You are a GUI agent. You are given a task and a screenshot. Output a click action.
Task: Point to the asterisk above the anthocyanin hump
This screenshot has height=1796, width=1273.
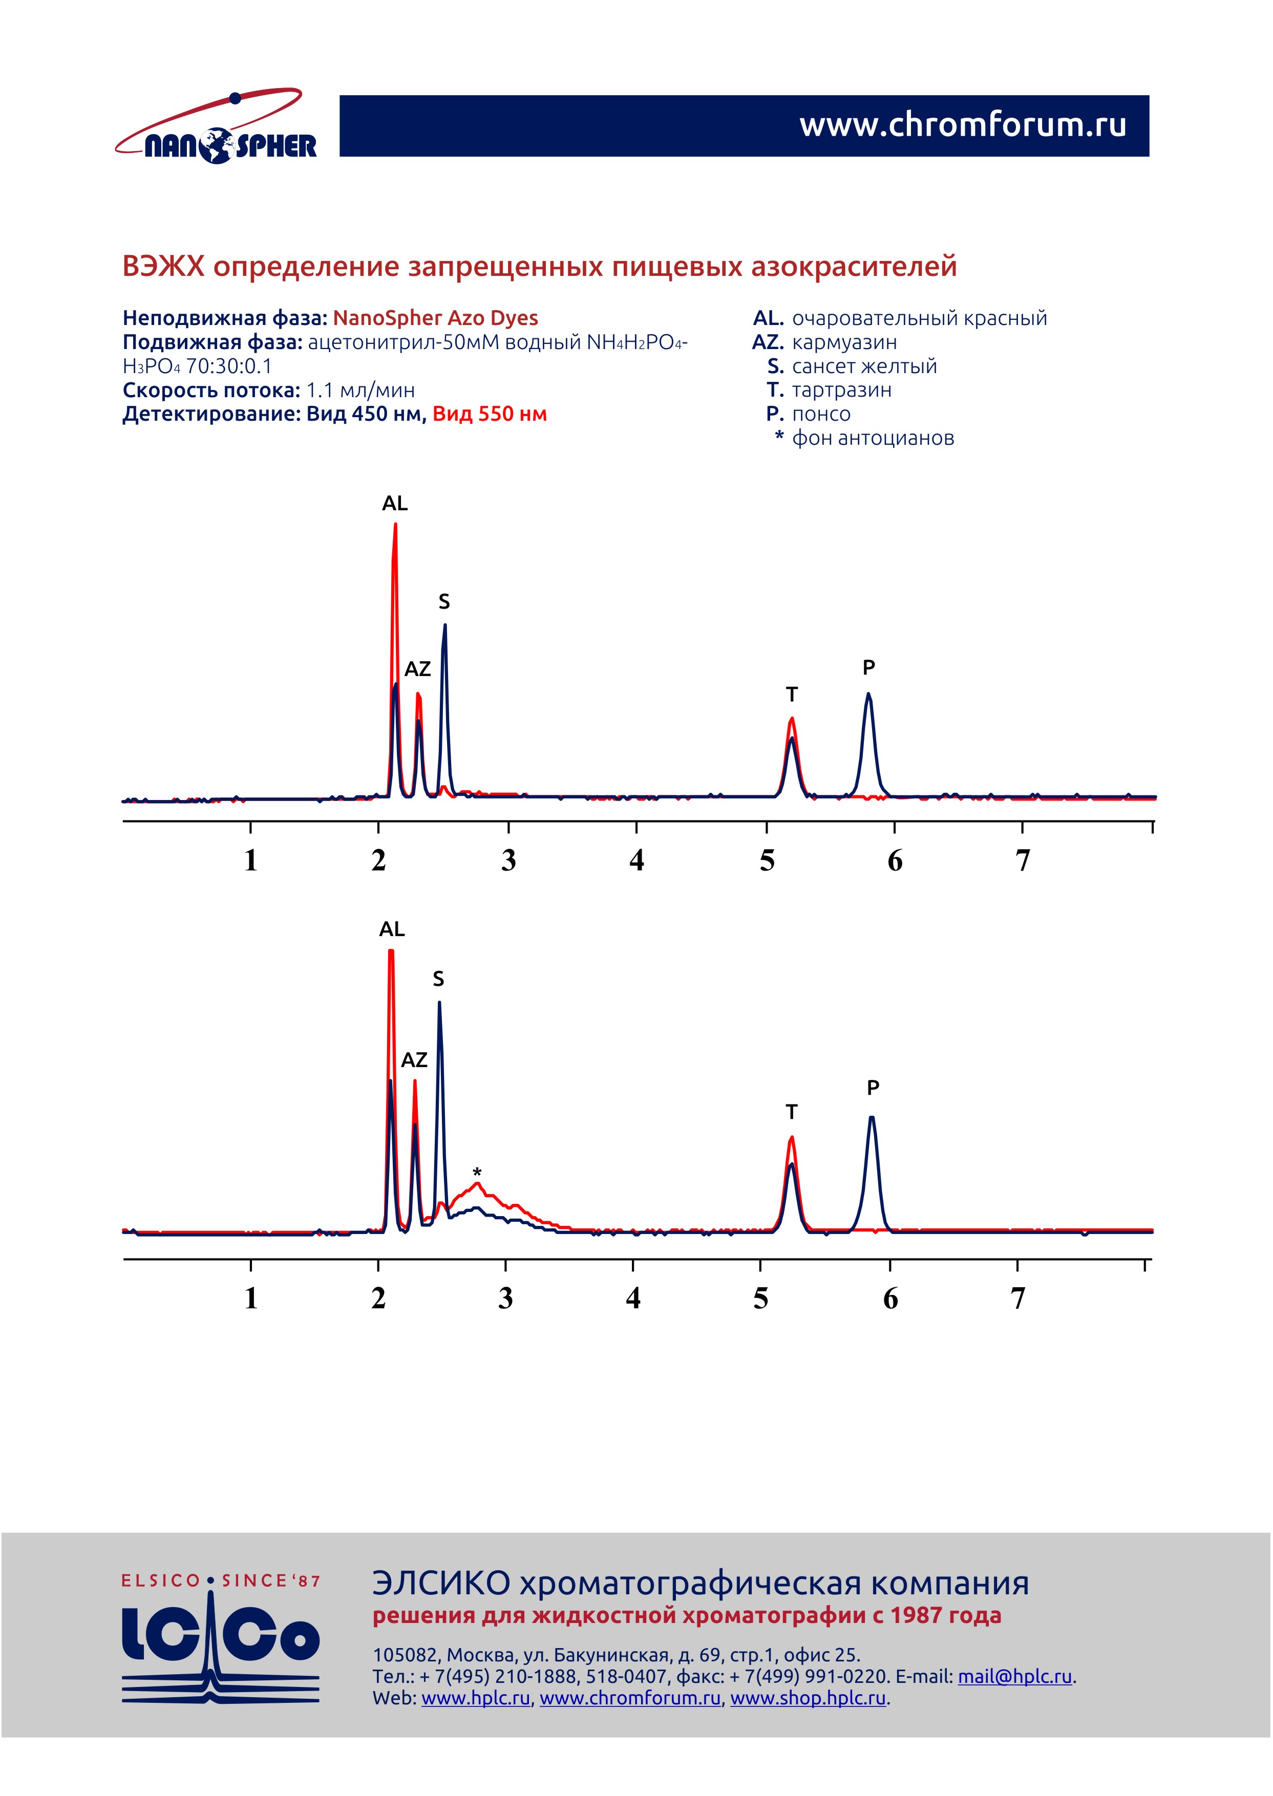click(x=477, y=1172)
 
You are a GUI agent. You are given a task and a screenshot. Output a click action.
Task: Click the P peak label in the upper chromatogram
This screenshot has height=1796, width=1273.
click(x=868, y=667)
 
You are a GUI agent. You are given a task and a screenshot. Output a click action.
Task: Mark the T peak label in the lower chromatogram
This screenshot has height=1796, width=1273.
click(x=792, y=1112)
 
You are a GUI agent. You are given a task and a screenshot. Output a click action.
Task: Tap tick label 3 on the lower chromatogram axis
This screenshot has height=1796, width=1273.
click(x=505, y=1299)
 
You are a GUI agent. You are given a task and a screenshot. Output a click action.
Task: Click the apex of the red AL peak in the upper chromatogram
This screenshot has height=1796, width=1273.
click(x=395, y=525)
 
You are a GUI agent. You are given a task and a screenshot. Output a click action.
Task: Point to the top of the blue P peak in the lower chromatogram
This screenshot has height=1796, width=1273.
click(x=872, y=1118)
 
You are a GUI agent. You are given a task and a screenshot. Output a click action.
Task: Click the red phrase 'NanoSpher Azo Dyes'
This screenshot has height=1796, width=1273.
click(x=435, y=318)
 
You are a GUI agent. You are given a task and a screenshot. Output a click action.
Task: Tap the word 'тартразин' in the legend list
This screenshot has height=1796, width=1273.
click(x=841, y=390)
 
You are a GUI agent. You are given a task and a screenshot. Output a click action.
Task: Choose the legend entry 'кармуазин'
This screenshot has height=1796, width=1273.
click(x=844, y=342)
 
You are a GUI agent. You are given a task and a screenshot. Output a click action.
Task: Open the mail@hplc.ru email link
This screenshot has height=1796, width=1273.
click(x=1014, y=1677)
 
